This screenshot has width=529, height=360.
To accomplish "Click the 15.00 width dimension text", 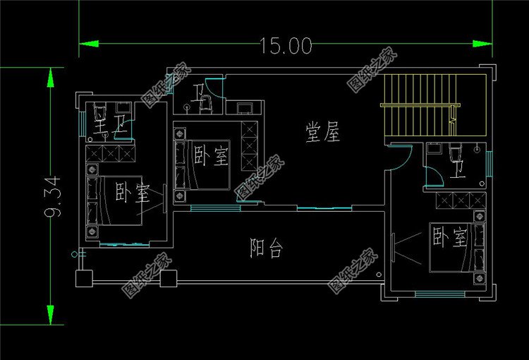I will click(285, 47).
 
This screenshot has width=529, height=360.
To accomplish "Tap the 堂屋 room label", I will click(322, 133).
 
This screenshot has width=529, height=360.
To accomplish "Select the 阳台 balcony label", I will click(267, 247).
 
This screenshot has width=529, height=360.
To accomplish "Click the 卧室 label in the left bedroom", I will click(128, 192).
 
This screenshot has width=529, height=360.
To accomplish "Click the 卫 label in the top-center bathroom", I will click(206, 96).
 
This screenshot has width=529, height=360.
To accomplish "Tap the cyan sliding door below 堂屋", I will click(324, 208).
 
